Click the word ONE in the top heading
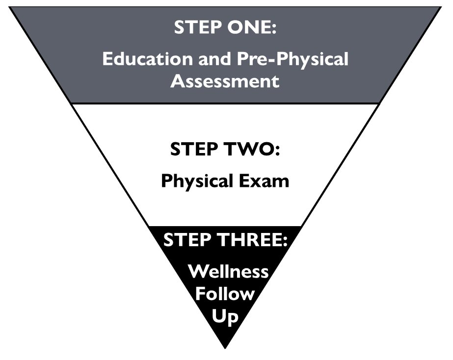pyautogui.click(x=246, y=27)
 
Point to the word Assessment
pyautogui.click(x=225, y=81)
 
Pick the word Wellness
pyautogui.click(x=229, y=271)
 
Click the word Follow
pyautogui.click(x=225, y=293)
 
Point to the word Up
pyautogui.click(x=225, y=316)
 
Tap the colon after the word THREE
pyautogui.click(x=285, y=241)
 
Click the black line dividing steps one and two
pyautogui.click(x=226, y=103)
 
